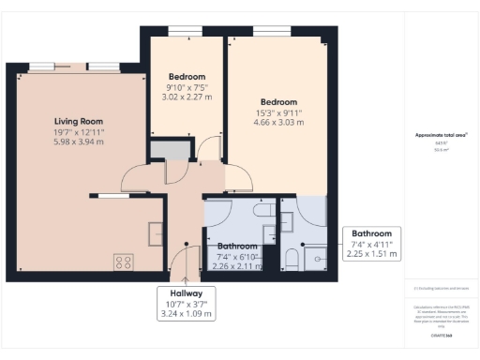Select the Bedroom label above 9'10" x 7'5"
point(187,76)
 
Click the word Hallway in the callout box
point(187,293)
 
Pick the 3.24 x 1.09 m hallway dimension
point(187,315)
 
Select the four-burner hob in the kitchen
point(124,262)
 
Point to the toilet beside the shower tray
point(291,259)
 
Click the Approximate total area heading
point(442,135)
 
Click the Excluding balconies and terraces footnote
point(441,288)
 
